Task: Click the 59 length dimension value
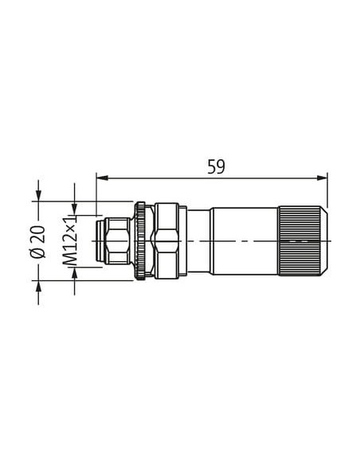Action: (x=216, y=166)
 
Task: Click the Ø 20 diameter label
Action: (x=38, y=242)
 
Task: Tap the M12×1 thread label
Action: (x=70, y=240)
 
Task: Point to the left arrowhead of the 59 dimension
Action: (x=101, y=178)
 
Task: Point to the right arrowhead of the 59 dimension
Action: (x=323, y=178)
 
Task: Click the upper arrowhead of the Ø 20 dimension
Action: (x=38, y=197)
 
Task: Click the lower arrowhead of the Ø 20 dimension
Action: (x=38, y=286)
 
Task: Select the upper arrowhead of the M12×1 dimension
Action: (x=74, y=209)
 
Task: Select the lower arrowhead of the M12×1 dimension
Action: (x=74, y=272)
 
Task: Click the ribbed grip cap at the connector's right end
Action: (x=303, y=241)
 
